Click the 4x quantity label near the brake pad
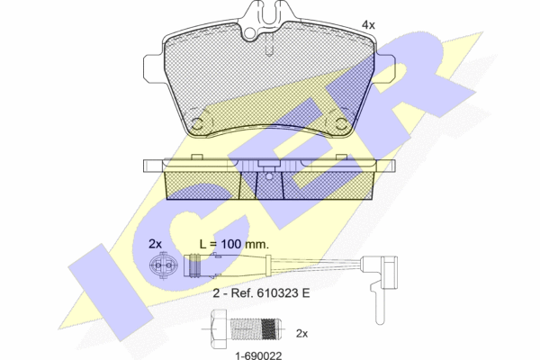[368, 25]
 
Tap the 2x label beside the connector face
[155, 244]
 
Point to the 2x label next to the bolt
[301, 334]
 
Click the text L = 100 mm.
[234, 244]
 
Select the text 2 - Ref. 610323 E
[261, 293]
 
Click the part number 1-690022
[258, 355]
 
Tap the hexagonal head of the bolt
[219, 329]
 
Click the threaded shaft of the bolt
[256, 329]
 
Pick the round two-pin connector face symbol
[163, 265]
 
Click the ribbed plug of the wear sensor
[194, 265]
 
